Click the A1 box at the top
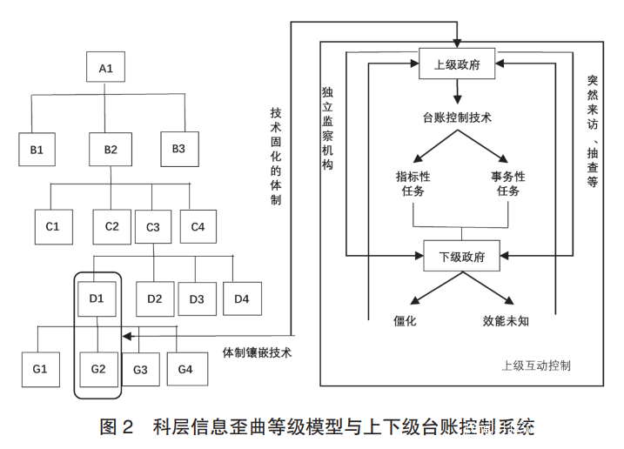point(105,68)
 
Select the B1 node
point(37,150)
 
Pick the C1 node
point(53,226)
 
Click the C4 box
point(198,226)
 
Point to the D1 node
point(97,299)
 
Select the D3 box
point(197,299)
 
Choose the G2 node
point(97,369)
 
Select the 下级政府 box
point(460,258)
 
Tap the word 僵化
point(406,320)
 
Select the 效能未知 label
point(506,320)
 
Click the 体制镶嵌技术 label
point(257,352)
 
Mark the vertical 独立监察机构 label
point(327,127)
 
